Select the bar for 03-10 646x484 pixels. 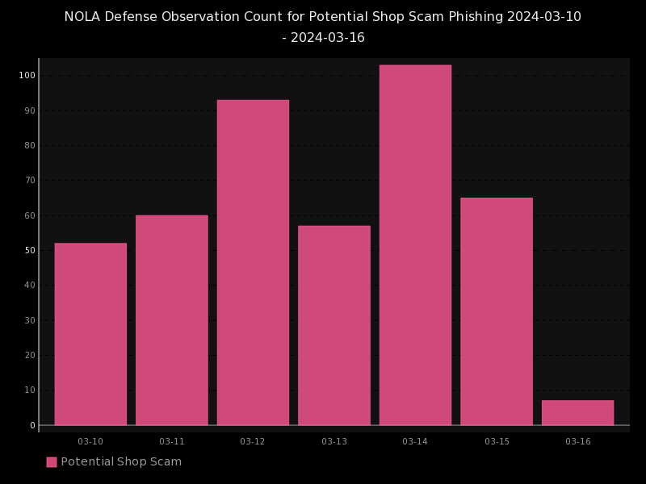pos(90,334)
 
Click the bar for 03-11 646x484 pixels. pos(172,319)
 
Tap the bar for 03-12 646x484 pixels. pos(253,262)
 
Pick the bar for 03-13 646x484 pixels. pos(334,325)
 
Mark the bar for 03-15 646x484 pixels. pos(497,311)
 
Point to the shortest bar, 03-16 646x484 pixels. pos(577,413)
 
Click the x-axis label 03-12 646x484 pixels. pos(253,441)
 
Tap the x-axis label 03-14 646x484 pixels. pos(415,441)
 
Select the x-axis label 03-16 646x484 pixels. pos(578,441)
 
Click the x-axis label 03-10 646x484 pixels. pos(90,441)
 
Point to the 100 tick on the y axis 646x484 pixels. pos(27,76)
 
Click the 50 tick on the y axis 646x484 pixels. pos(30,250)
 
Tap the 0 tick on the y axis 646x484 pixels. pos(32,425)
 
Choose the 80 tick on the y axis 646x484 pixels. pos(30,145)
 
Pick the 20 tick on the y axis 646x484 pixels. pos(30,355)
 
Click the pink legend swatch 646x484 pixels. pos(52,462)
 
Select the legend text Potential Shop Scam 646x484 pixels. pos(121,462)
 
